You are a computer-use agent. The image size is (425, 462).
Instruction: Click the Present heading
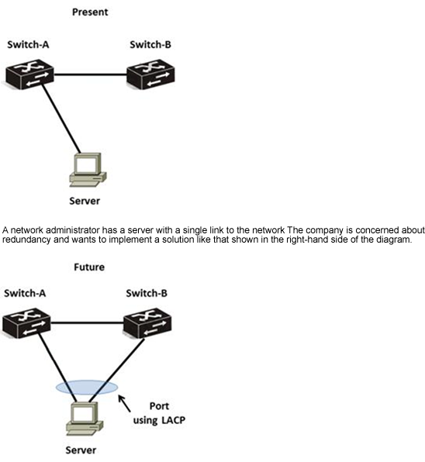[90, 12]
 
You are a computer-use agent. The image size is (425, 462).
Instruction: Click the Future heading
[89, 267]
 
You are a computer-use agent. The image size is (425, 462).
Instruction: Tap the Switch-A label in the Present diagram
[28, 44]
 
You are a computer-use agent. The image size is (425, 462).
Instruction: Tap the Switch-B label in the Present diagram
[150, 44]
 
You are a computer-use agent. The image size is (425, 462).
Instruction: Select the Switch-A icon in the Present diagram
[29, 74]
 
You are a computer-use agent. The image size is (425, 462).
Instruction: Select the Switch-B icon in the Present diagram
[150, 74]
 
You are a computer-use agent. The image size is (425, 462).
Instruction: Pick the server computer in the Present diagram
[88, 170]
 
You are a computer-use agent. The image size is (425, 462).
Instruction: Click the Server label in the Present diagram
[85, 201]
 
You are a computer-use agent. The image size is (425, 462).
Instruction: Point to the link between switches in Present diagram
[91, 74]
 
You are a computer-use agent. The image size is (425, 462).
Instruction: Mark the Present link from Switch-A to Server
[61, 119]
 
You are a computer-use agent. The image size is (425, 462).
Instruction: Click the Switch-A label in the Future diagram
[25, 293]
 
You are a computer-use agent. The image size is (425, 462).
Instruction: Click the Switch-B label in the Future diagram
[147, 293]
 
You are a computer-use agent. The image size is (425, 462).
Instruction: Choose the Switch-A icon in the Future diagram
[26, 323]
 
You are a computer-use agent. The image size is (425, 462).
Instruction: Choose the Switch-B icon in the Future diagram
[147, 323]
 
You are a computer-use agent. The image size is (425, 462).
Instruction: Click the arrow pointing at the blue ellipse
[124, 403]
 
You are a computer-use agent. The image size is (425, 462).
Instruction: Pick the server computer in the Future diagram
[85, 419]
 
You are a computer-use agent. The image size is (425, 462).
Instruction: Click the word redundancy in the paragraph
[26, 240]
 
